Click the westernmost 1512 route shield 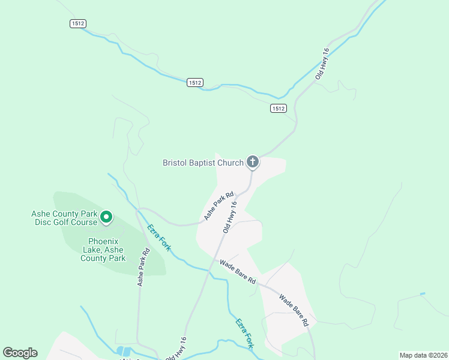[x=78, y=23]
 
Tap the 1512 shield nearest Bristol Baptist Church [x=278, y=108]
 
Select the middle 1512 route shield [x=194, y=82]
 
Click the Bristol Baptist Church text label [x=203, y=163]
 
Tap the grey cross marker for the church [x=253, y=161]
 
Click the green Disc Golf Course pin [x=106, y=217]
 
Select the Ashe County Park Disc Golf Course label [x=64, y=218]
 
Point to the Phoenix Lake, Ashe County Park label [x=103, y=250]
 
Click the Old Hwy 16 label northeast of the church [x=322, y=64]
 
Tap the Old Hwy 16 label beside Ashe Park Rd [x=230, y=217]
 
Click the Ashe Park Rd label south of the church [x=218, y=206]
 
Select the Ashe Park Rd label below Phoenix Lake [x=143, y=268]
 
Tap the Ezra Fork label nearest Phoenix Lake [x=158, y=237]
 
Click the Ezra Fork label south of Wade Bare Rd [x=244, y=333]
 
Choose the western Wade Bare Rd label [x=238, y=272]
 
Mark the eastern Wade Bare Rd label [x=294, y=309]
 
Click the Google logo [x=20, y=353]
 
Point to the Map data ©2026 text [x=423, y=355]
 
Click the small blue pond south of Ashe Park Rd [x=125, y=351]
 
